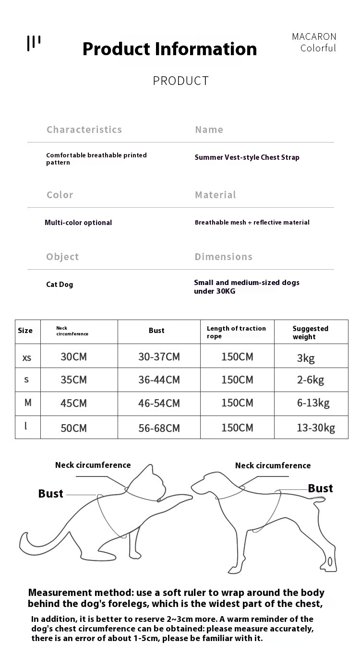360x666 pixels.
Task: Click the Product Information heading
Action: click(169, 49)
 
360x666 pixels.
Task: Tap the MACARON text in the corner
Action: click(314, 36)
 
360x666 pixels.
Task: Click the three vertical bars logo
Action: click(34, 43)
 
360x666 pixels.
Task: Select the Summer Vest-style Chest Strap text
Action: click(247, 157)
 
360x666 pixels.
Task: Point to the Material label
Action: click(215, 195)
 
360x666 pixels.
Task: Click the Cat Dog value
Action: click(60, 285)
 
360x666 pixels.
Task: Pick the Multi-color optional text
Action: click(78, 223)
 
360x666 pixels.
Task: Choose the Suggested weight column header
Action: click(311, 333)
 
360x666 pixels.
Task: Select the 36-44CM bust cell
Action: click(159, 380)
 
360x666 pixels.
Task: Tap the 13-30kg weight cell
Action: click(316, 428)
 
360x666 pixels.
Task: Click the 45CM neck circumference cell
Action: click(73, 404)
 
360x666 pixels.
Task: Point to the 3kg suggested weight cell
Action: click(306, 358)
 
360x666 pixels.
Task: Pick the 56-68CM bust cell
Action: click(159, 428)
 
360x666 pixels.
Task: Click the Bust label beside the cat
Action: click(50, 494)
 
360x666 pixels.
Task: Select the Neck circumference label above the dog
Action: click(273, 465)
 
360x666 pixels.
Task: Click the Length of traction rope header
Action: click(236, 332)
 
